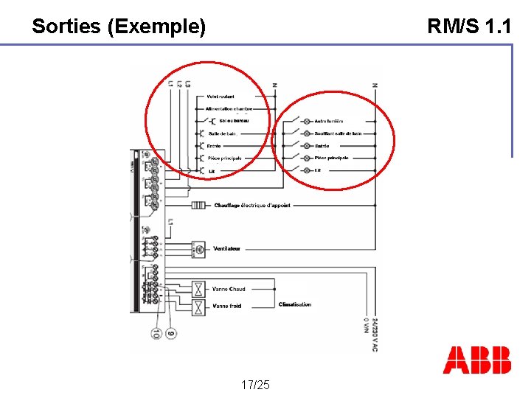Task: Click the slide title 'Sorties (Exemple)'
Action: click(x=119, y=27)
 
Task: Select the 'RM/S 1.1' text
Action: click(x=469, y=27)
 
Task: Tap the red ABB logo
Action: click(x=476, y=360)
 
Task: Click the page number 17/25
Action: click(x=255, y=385)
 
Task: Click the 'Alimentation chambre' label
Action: click(x=229, y=108)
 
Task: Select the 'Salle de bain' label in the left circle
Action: click(x=222, y=133)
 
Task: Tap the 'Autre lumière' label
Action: click(x=329, y=121)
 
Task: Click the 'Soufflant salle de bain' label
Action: click(x=338, y=133)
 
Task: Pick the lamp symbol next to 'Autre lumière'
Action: click(x=306, y=121)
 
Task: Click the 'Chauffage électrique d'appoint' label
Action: click(x=252, y=205)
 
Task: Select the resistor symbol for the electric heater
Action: click(x=198, y=205)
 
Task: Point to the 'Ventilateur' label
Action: click(x=226, y=248)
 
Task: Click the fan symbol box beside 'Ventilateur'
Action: click(x=198, y=249)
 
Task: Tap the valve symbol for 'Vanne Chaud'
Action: click(x=198, y=288)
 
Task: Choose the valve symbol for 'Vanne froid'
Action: click(x=198, y=305)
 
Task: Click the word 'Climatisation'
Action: click(x=295, y=304)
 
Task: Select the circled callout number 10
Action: click(x=156, y=333)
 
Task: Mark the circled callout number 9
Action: click(x=171, y=333)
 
